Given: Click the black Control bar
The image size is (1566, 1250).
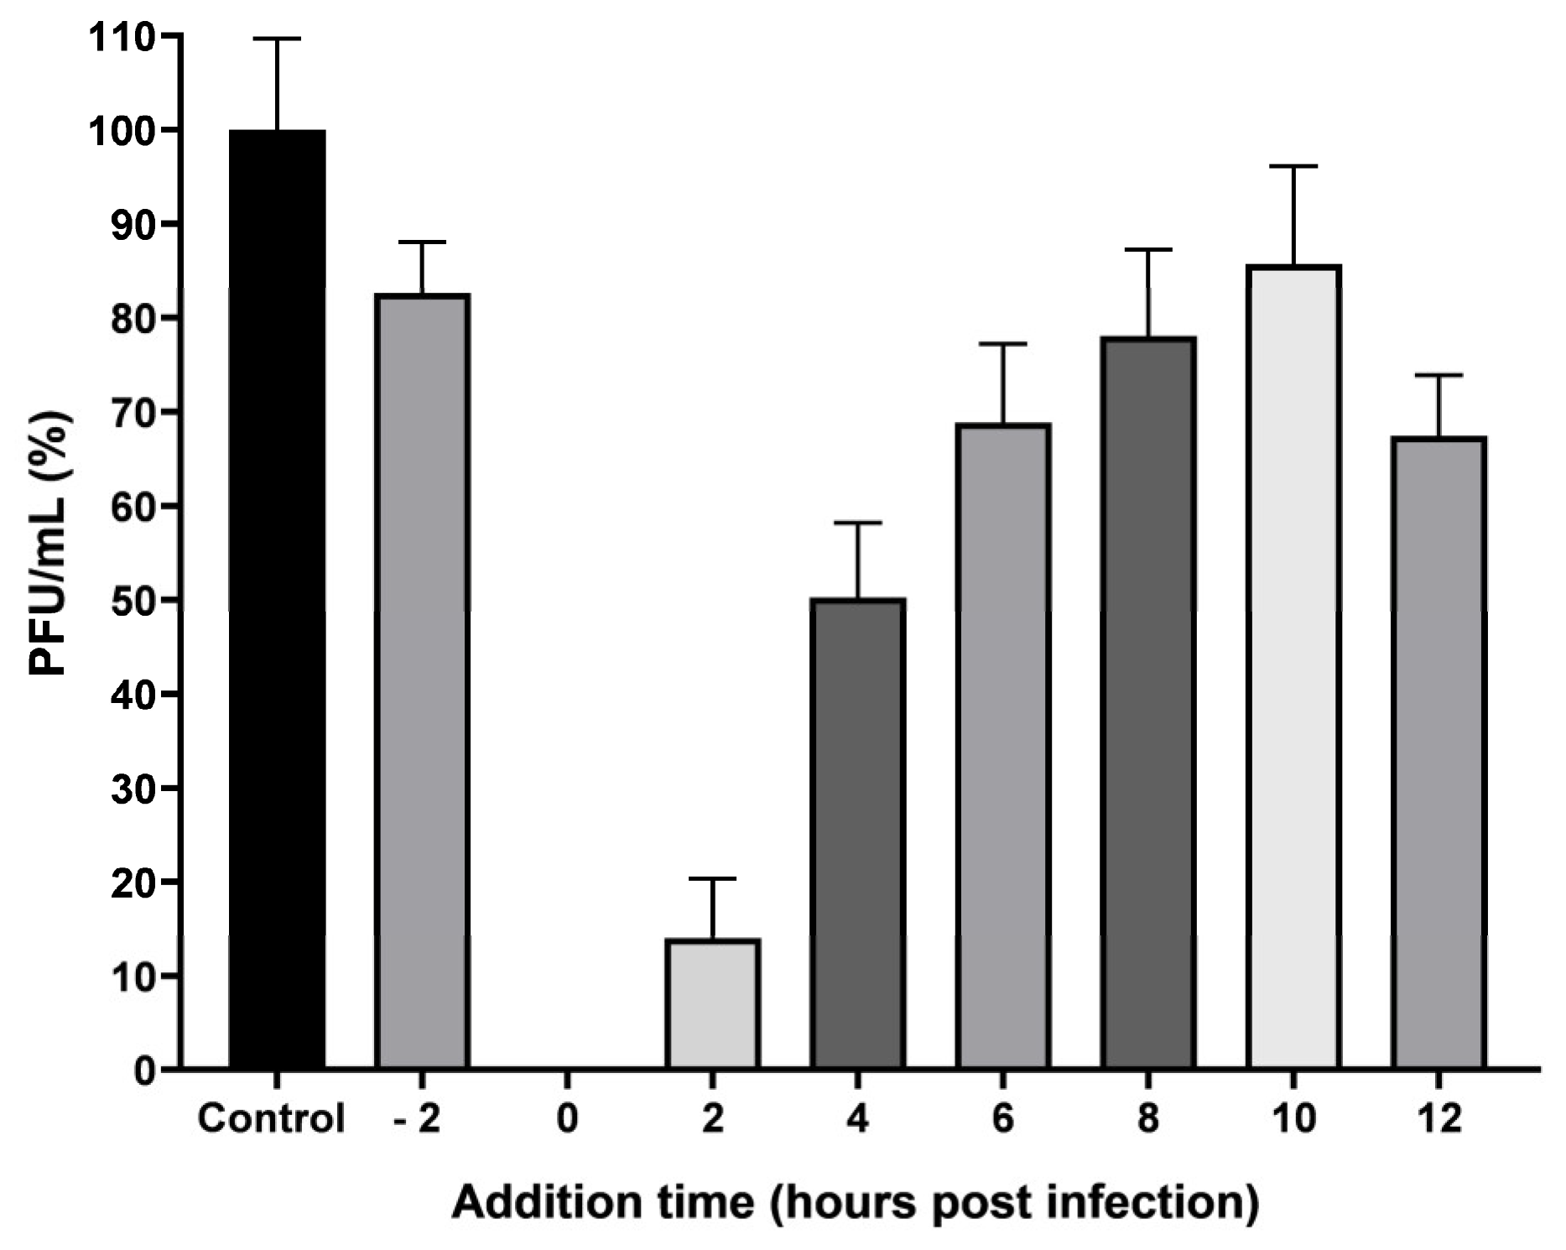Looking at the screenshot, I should pyautogui.click(x=277, y=600).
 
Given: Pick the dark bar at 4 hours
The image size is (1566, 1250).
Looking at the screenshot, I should pyautogui.click(x=857, y=834).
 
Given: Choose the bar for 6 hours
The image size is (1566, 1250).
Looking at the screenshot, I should pyautogui.click(x=1003, y=747).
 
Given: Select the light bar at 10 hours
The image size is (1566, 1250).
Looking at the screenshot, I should pyautogui.click(x=1293, y=667).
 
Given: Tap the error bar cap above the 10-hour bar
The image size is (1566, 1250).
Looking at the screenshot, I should pyautogui.click(x=1293, y=166).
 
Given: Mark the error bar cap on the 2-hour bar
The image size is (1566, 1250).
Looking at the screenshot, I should pyautogui.click(x=712, y=878).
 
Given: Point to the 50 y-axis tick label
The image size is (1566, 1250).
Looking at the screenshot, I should pyautogui.click(x=133, y=601).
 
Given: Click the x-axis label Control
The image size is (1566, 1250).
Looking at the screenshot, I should pyautogui.click(x=271, y=1118).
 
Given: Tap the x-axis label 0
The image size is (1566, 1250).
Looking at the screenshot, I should pyautogui.click(x=567, y=1118).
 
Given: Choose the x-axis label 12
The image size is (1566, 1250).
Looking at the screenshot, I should pyautogui.click(x=1439, y=1118).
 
